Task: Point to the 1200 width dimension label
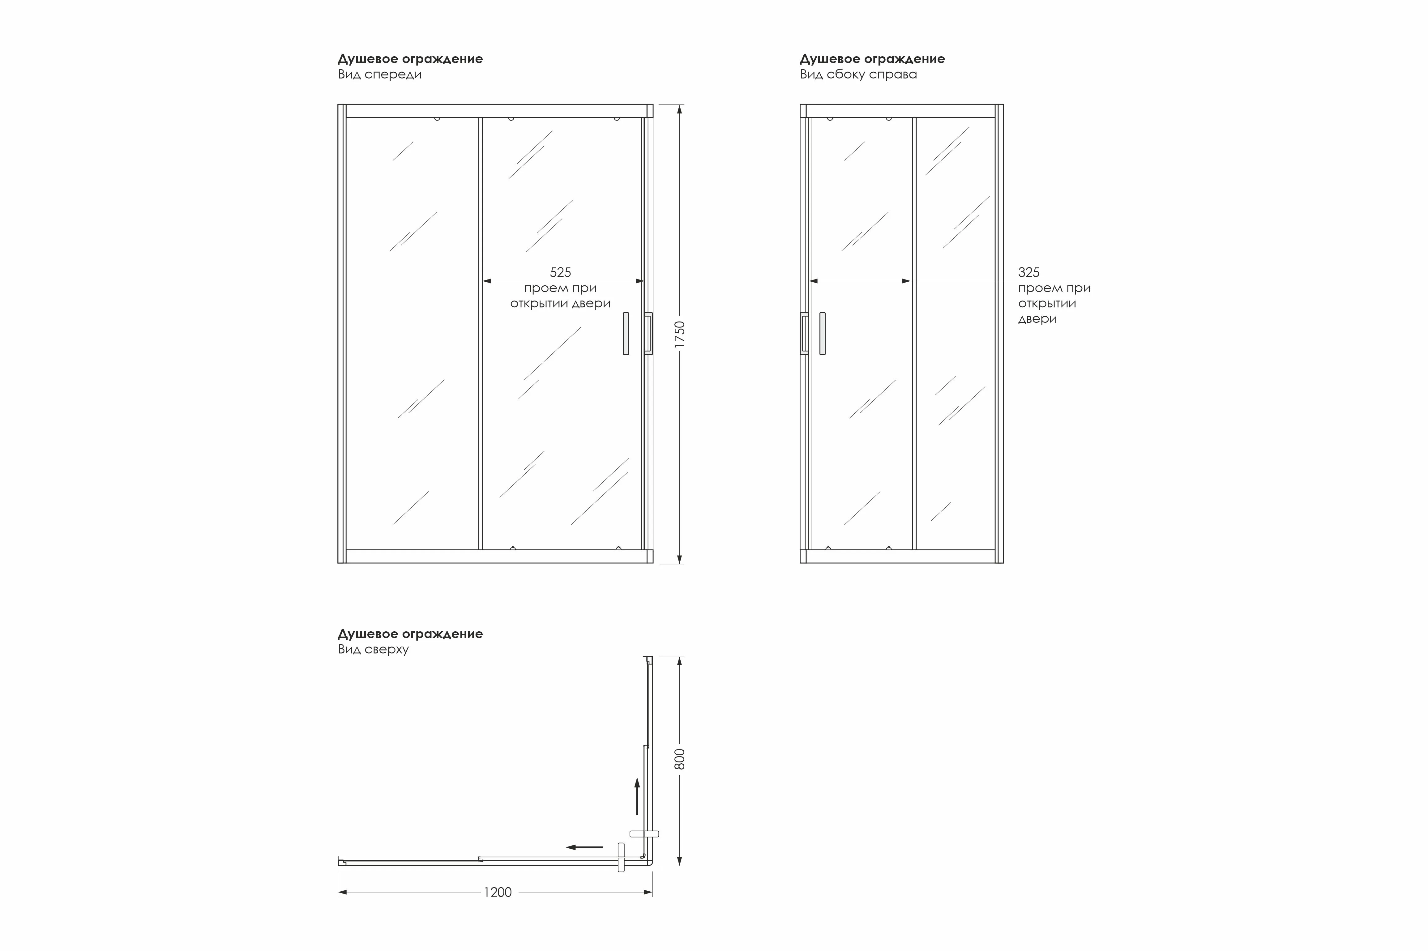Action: coord(498,892)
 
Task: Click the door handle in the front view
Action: coord(626,334)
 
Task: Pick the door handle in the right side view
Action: coord(823,334)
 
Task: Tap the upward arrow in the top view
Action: coord(637,796)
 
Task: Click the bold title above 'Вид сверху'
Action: coord(410,634)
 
